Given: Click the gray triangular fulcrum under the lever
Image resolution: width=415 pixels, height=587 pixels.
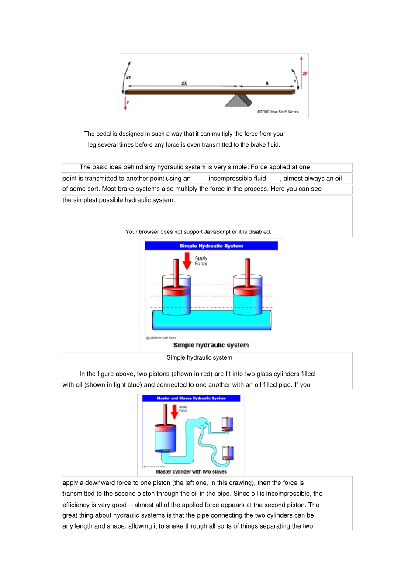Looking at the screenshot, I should point(239,101).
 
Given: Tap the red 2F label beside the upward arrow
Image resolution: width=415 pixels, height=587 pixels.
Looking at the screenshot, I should point(305,73).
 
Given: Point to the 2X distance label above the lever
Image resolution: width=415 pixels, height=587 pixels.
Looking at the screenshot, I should point(184,83).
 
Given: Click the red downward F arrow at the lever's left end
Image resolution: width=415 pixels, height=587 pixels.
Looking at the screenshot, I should point(126,103).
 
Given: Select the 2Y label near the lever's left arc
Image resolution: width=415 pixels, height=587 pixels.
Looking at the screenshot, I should point(128,77).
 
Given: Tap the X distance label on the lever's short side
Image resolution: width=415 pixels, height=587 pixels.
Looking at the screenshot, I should point(267,83).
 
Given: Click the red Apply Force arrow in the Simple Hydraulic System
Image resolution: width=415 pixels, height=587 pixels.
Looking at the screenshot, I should point(187,261).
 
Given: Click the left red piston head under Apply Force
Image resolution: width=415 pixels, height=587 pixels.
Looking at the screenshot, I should point(176,290).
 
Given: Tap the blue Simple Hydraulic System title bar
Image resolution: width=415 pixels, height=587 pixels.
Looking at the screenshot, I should point(211,246).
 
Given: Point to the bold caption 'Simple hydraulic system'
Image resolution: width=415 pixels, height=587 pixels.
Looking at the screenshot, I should point(211,345).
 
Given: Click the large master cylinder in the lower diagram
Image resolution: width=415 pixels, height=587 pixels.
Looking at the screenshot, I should point(166,438).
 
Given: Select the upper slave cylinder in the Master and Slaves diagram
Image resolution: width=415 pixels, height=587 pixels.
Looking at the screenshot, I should point(227,424).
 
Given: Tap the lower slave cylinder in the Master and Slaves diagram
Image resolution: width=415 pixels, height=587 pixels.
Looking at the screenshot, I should point(228,453).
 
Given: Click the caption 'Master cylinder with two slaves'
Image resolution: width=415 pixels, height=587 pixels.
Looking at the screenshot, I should point(191,472).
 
